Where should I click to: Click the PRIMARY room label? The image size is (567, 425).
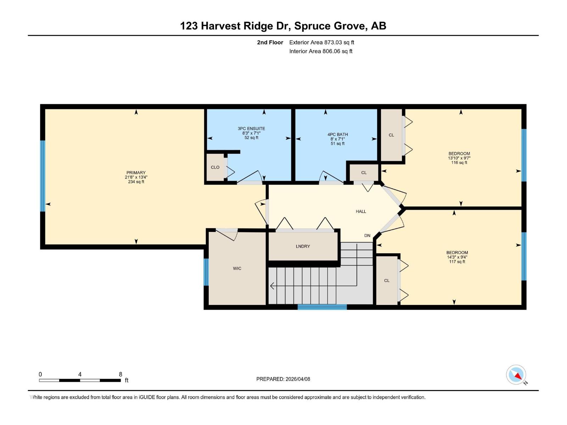[x=136, y=173]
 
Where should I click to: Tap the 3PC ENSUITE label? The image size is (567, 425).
[x=251, y=129]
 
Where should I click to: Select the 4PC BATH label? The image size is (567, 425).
[x=337, y=135]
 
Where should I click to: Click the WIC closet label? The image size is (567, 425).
[x=237, y=268]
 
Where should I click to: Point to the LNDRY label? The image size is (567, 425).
[x=303, y=246]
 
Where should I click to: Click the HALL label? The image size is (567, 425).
[x=361, y=211]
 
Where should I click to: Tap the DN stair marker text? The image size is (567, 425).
[x=367, y=236]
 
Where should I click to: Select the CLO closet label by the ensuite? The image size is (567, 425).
[x=215, y=167]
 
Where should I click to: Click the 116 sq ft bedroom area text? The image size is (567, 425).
[x=459, y=163]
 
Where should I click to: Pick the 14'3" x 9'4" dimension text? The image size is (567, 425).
[x=457, y=257]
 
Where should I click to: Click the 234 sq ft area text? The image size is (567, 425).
[x=136, y=182]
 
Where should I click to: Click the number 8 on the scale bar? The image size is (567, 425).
[x=120, y=374]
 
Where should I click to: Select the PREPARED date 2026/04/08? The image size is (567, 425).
[x=283, y=379]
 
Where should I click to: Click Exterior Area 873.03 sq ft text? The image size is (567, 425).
[x=321, y=42]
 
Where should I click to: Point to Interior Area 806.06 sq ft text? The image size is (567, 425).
[x=321, y=51]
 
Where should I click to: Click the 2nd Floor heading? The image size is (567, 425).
[x=270, y=42]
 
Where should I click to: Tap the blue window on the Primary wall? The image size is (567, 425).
[x=43, y=176]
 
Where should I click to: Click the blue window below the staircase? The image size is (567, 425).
[x=322, y=307]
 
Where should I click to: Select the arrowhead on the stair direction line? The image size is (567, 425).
[x=272, y=286]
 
